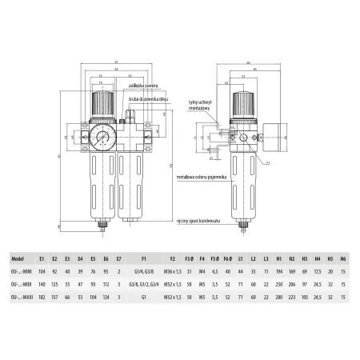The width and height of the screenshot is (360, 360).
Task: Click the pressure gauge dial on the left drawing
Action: click(x=102, y=134)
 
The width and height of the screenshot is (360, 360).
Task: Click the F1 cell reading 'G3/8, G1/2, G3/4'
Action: click(x=143, y=284)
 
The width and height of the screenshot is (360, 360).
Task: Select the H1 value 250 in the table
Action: click(x=278, y=284)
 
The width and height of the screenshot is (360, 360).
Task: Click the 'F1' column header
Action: click(x=143, y=259)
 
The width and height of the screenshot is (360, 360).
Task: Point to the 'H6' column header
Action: click(x=343, y=259)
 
